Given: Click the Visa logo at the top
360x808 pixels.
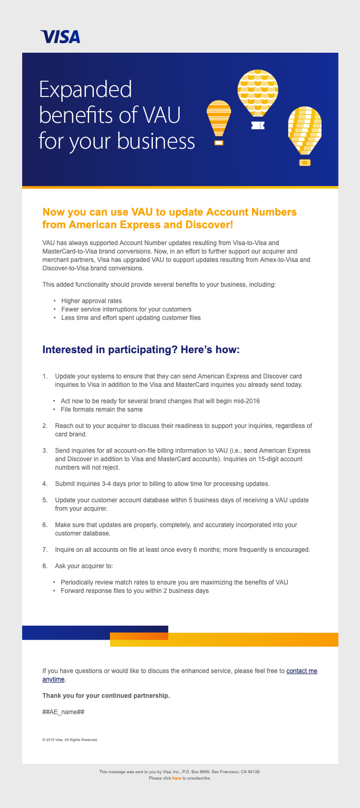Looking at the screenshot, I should [x=61, y=36].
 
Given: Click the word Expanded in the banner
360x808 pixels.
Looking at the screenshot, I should [x=85, y=90].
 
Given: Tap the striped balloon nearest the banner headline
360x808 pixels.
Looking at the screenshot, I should [x=219, y=119].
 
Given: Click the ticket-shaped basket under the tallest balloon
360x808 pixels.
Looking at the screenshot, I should [x=258, y=125].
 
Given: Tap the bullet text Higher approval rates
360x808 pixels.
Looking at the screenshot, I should [x=92, y=301].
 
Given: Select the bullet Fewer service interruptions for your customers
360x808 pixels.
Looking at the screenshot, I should [x=126, y=309].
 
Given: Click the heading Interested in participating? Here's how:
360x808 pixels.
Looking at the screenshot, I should [x=141, y=350].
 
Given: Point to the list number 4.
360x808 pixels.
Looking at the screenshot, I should [x=45, y=484].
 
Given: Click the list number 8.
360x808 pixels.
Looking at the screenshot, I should [x=45, y=566].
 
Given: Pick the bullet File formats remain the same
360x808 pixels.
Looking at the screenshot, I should [x=102, y=410].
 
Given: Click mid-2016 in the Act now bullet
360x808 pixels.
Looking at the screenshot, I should [x=246, y=401].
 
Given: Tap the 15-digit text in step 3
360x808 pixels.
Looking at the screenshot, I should [x=276, y=459].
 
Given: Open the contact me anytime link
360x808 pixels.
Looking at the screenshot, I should [x=301, y=671].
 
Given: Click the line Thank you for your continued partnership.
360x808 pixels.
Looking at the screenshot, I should [x=106, y=696].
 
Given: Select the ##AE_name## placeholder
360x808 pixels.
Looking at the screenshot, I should [x=63, y=712].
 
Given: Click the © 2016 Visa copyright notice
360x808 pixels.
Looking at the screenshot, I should [x=70, y=740].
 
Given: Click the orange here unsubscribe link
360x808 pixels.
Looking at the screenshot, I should [x=177, y=778].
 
